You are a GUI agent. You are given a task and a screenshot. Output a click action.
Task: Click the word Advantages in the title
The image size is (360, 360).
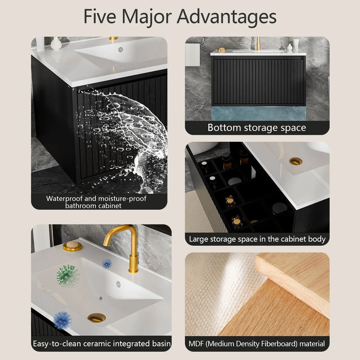[226, 17]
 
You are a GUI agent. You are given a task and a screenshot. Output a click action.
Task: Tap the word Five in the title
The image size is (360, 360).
[100, 16]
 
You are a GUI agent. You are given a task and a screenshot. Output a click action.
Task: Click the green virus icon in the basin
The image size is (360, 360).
[67, 276]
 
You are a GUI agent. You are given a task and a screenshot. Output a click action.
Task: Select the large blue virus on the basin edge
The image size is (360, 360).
[62, 320]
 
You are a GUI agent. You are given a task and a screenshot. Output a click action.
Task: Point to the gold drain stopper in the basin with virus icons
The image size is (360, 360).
[96, 318]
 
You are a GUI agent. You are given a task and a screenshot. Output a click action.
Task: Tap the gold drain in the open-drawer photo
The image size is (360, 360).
[296, 161]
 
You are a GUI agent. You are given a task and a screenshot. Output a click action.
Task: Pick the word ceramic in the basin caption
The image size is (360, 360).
[97, 344]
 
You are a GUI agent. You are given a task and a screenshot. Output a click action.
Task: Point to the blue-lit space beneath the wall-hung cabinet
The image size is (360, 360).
[258, 113]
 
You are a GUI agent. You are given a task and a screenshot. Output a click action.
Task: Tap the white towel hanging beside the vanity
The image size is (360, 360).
[193, 54]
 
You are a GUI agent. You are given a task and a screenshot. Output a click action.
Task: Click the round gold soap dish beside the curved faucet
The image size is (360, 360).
[72, 246]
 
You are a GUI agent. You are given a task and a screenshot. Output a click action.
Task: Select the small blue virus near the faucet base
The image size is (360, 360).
[107, 264]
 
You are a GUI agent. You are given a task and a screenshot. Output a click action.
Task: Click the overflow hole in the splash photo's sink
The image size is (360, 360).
[121, 49]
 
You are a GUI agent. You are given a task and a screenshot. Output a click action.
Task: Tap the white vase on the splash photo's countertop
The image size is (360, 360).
[56, 43]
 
